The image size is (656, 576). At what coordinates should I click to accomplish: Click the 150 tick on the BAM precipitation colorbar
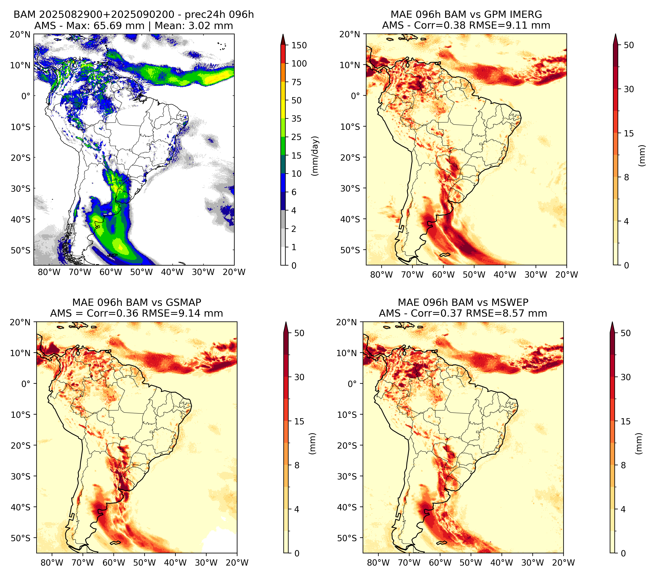(x=299, y=45)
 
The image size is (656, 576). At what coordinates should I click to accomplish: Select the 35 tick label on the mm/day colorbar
(x=296, y=119)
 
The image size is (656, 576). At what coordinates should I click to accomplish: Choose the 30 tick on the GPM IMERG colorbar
(x=629, y=89)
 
